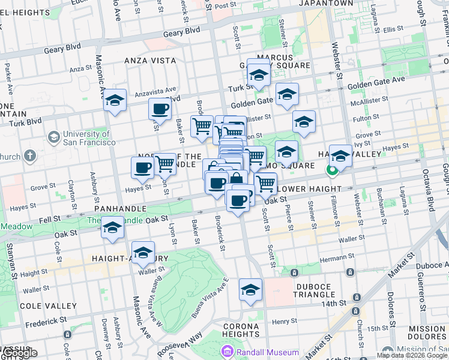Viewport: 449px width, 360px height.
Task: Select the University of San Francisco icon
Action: (54, 138)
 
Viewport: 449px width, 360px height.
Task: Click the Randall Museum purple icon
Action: (228, 352)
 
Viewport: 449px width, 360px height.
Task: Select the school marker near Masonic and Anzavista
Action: (114, 100)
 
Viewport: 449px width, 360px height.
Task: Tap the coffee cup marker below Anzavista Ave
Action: (160, 109)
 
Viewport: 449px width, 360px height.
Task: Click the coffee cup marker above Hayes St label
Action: (142, 167)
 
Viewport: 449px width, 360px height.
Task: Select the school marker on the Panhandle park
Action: (112, 227)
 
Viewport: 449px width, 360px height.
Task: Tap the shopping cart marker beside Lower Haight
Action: (265, 183)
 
